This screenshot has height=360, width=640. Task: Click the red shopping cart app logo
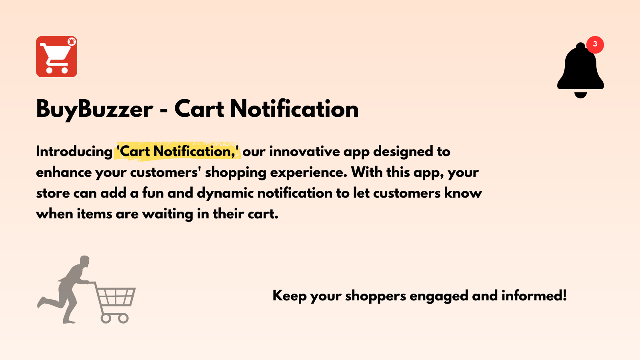[x=56, y=57]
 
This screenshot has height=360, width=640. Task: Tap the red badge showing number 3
[x=595, y=44]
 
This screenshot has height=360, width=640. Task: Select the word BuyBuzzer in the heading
[x=94, y=109]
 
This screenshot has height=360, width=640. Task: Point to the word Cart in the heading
[x=199, y=109]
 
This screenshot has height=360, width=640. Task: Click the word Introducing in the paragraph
[x=74, y=152]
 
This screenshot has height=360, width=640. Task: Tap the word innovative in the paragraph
[x=304, y=152]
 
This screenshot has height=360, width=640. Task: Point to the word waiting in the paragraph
[x=168, y=214]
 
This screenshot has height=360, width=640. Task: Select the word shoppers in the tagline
[x=375, y=296]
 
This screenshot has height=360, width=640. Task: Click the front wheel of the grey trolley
[x=124, y=318]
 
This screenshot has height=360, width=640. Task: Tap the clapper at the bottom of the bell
[x=580, y=95]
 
